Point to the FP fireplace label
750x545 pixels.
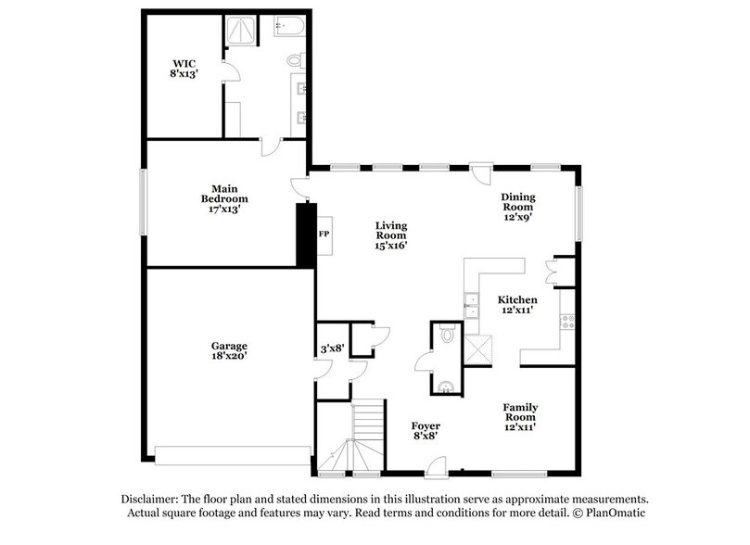pos(324,234)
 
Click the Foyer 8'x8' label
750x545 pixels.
pos(426,431)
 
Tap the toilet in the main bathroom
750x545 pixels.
pos(296,61)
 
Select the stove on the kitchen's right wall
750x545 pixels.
pos(567,323)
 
